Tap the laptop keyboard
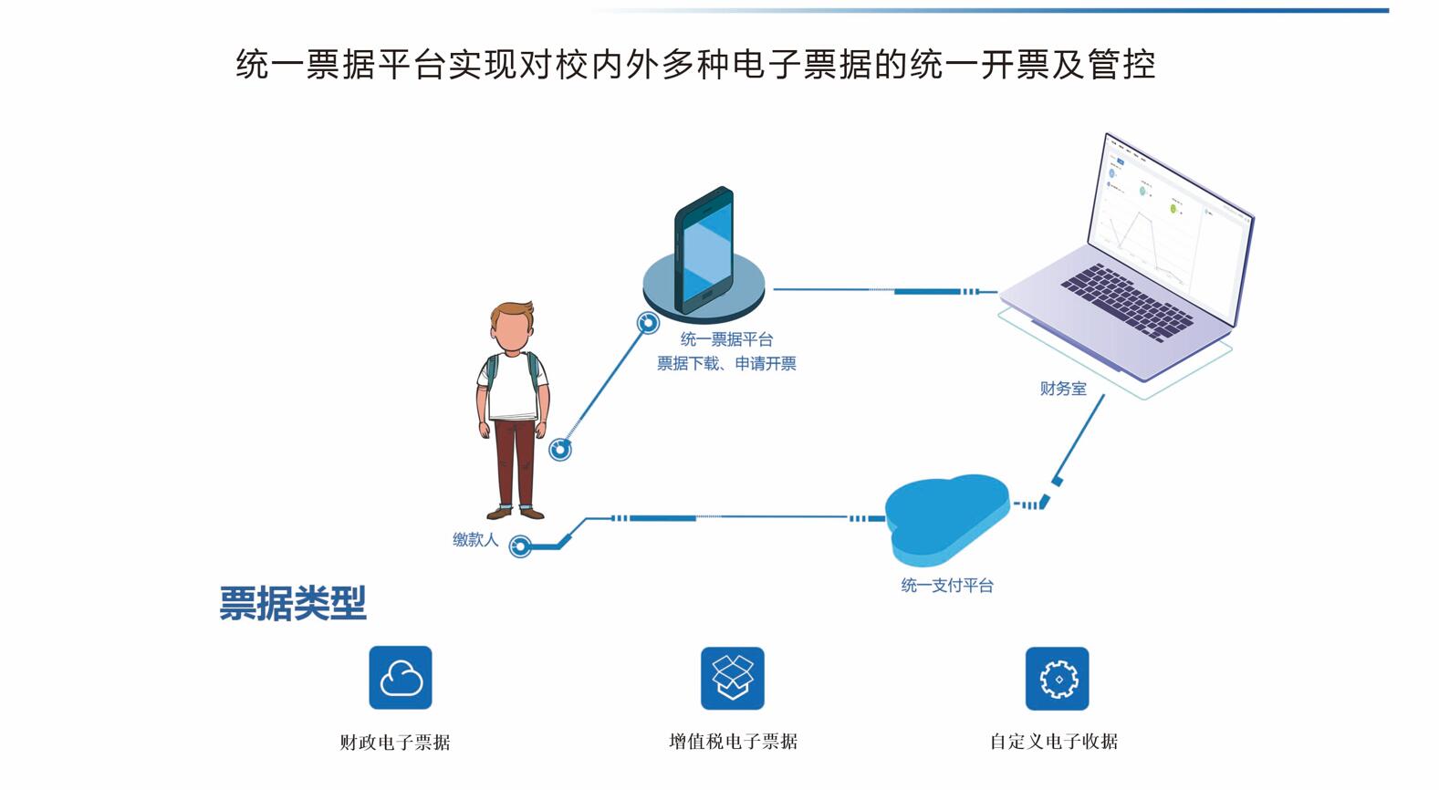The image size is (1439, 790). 1127,302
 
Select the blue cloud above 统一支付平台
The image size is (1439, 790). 946,516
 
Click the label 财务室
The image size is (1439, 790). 1063,389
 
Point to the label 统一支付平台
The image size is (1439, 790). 947,586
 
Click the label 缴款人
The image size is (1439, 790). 475,540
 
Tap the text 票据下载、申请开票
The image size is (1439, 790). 726,364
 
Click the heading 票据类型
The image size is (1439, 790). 293,603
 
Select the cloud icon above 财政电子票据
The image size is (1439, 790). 401,678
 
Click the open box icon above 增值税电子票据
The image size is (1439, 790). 732,678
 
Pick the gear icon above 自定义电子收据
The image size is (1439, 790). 1057,678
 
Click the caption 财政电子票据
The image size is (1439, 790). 395,743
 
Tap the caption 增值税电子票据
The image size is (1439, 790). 733,742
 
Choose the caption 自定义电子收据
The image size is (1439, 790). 1054,742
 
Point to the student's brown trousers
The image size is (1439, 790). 516,461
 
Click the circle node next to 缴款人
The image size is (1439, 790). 520,546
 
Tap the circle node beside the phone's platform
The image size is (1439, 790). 648,323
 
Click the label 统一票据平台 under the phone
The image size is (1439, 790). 726,339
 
